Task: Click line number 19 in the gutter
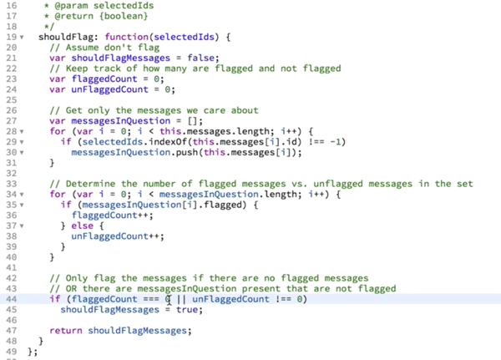tap(9, 38)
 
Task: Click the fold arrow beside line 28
tap(21, 131)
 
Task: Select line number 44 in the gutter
tap(9, 298)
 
